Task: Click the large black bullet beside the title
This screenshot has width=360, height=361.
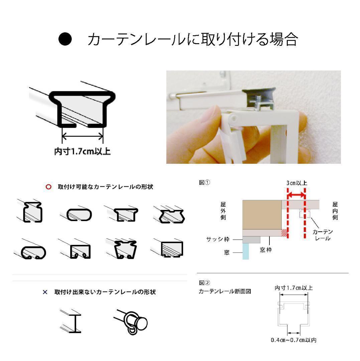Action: (x=65, y=39)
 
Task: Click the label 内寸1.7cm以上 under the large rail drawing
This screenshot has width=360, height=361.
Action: (x=83, y=151)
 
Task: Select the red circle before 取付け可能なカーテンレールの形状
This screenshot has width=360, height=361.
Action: (x=48, y=187)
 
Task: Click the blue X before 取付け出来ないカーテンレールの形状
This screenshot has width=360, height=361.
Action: (x=45, y=292)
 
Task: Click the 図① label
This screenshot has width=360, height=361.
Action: (x=204, y=183)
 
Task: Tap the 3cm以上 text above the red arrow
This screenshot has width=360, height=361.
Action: (x=297, y=183)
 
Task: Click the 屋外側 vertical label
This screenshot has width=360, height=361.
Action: (x=223, y=211)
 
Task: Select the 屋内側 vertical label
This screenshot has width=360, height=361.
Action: (x=335, y=211)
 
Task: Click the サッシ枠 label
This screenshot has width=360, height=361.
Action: (x=218, y=239)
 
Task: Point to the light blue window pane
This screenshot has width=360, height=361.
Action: (x=246, y=251)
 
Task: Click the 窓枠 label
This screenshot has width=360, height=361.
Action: (x=266, y=250)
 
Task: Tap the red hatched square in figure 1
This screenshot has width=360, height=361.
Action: (x=284, y=233)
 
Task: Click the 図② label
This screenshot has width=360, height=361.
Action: (x=204, y=283)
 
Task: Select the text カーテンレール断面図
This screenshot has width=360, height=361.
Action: (x=225, y=291)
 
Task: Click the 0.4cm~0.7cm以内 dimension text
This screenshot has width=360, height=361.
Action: (x=293, y=340)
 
